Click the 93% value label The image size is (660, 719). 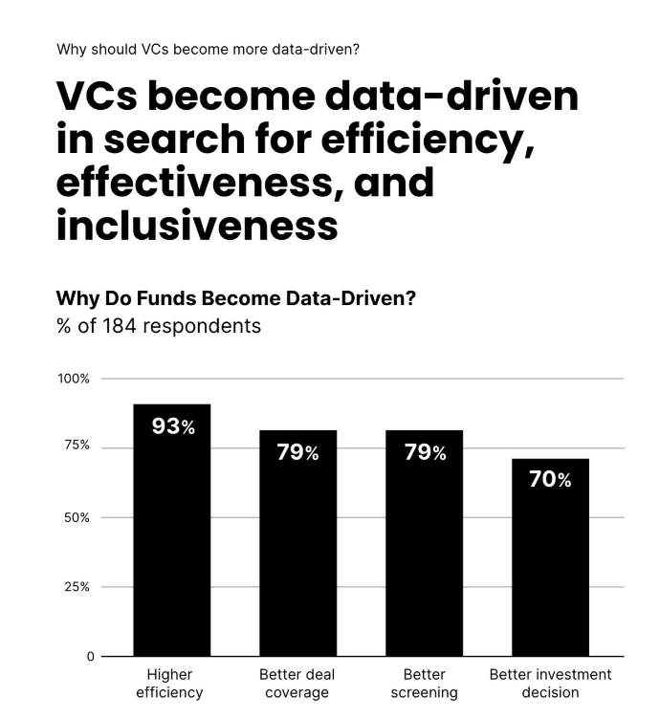click(173, 426)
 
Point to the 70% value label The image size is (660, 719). click(550, 480)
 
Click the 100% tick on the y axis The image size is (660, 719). click(74, 379)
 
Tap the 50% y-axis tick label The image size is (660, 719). click(77, 517)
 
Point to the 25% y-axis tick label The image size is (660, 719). click(77, 587)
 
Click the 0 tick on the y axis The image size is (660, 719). click(91, 657)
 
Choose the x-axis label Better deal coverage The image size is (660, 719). click(297, 683)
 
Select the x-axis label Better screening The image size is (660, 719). click(424, 683)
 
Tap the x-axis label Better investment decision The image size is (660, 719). click(550, 683)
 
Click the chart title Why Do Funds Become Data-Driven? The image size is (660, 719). click(235, 297)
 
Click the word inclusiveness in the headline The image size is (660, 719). click(197, 226)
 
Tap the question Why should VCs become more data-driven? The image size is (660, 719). click(208, 49)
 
